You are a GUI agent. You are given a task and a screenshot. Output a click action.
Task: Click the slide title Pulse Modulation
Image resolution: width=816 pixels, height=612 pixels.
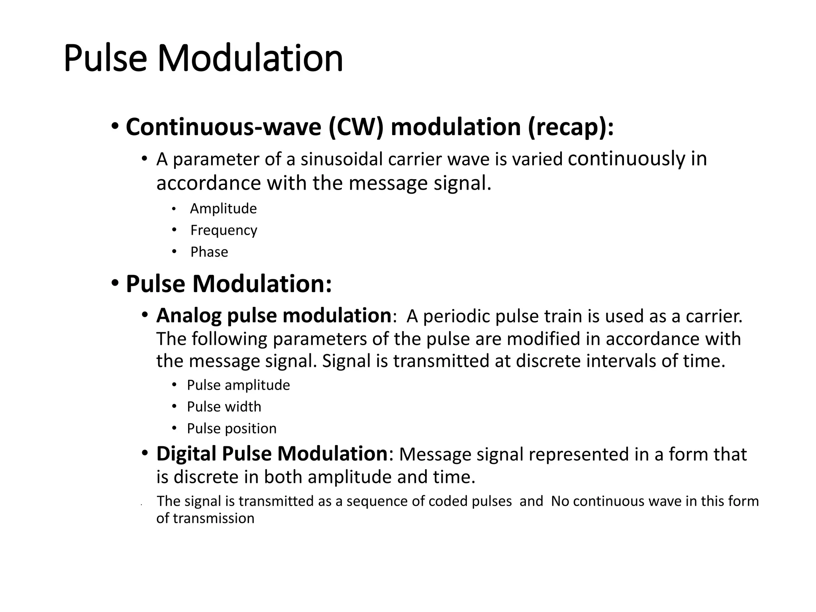(203, 59)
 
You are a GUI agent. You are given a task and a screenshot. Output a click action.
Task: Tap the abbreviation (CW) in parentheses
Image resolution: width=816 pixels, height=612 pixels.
(356, 127)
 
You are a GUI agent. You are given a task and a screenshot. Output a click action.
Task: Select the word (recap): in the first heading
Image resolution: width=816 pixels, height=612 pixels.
(571, 127)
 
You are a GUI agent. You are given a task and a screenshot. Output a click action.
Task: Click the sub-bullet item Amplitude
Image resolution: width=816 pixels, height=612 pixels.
(224, 208)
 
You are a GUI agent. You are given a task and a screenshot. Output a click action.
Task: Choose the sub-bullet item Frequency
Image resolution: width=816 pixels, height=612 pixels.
(224, 230)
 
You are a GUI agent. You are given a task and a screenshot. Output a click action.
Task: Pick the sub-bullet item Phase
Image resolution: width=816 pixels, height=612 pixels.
(209, 252)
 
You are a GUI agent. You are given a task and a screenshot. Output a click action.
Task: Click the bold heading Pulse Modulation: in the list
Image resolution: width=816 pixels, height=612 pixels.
(229, 284)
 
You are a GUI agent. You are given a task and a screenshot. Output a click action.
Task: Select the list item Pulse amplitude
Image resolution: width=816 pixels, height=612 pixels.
(238, 385)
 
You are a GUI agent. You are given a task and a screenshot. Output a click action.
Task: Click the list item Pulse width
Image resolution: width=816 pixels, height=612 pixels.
(224, 407)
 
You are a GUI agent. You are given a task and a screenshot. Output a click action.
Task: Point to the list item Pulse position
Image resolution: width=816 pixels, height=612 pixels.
(231, 428)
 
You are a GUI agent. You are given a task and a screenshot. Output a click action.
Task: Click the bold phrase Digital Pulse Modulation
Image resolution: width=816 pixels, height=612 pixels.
(272, 454)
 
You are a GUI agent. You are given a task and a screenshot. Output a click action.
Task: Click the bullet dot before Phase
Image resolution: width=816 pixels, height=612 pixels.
(174, 252)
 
